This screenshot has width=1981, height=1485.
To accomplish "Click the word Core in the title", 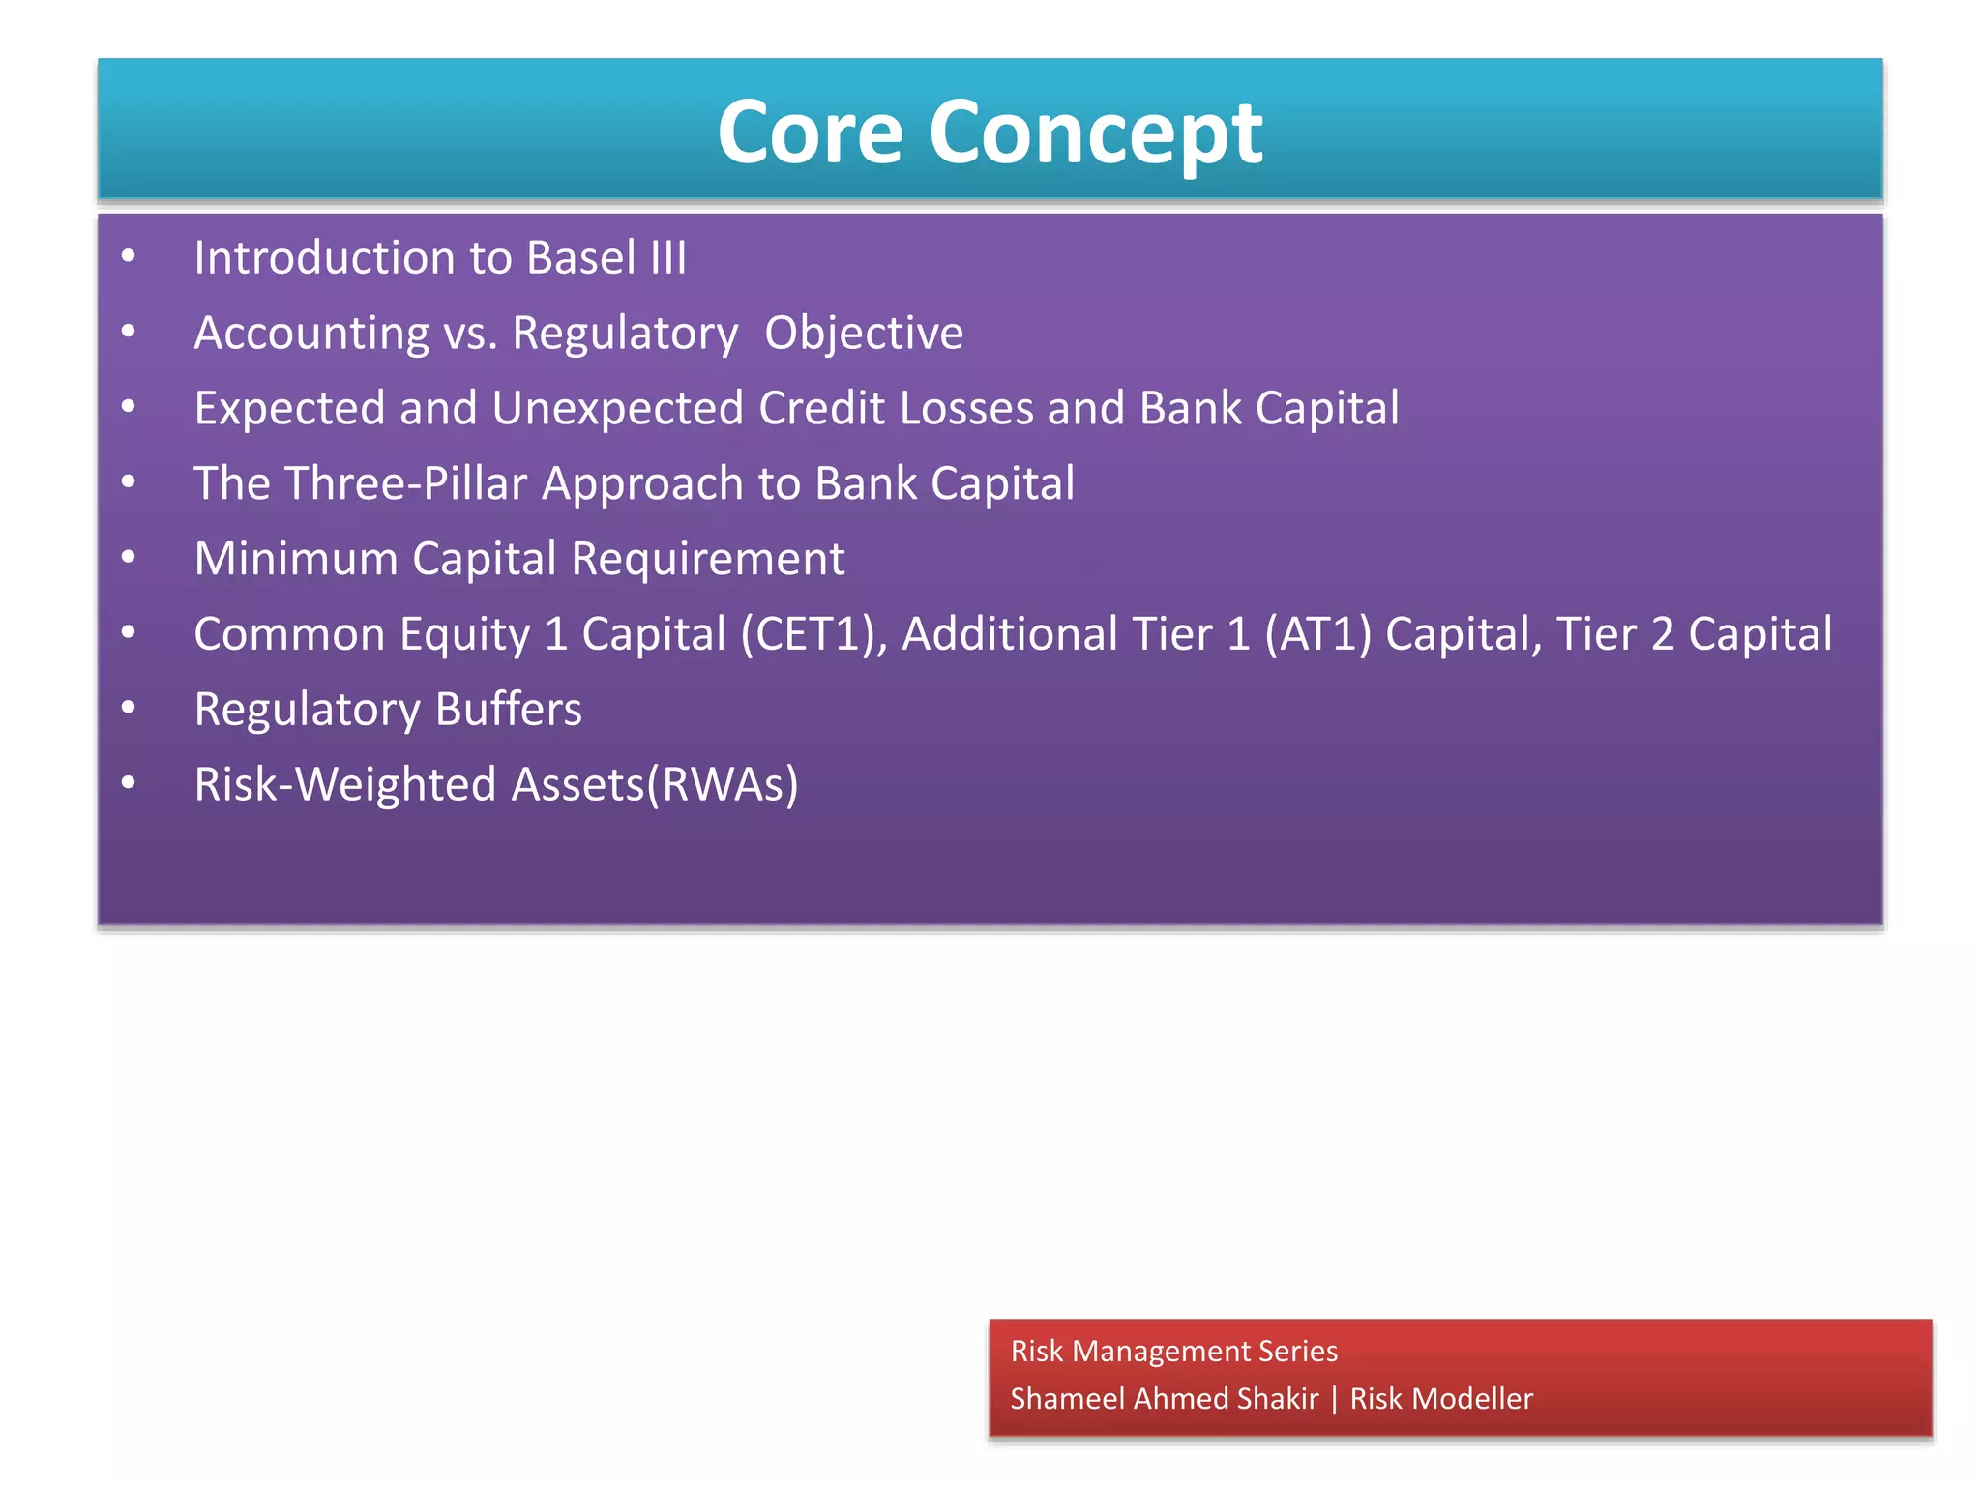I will [x=810, y=132].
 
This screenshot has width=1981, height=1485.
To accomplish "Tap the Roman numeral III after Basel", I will [x=668, y=258].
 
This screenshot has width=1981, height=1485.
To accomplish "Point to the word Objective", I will [x=864, y=334].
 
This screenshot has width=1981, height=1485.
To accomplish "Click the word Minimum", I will [x=296, y=559].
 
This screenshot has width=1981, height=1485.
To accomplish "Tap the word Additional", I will [x=1009, y=634].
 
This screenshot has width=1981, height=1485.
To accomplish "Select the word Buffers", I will [x=508, y=710].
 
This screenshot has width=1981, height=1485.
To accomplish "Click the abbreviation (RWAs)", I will [x=723, y=784].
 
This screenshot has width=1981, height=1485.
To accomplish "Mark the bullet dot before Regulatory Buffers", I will [x=129, y=707].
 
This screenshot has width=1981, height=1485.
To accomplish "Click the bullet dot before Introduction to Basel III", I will [x=129, y=255].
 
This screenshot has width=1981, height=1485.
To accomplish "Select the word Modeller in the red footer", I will [x=1471, y=1399].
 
